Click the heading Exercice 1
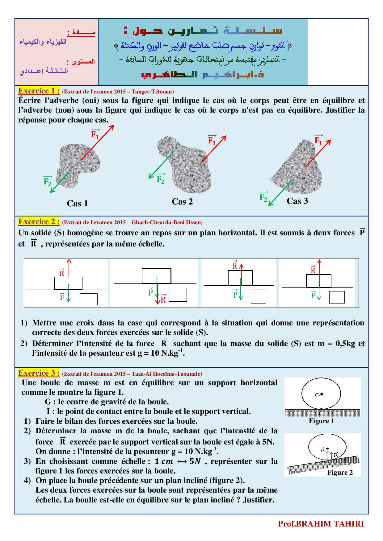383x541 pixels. (x=39, y=91)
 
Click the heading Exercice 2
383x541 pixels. (x=39, y=222)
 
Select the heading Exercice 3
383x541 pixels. (x=39, y=373)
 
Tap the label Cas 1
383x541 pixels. (x=77, y=204)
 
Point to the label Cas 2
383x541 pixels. (x=182, y=202)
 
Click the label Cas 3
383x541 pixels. (x=297, y=201)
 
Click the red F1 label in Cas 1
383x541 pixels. (x=95, y=134)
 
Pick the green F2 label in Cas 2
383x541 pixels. (x=161, y=179)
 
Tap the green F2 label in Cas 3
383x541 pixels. (x=263, y=196)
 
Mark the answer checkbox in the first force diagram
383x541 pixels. (x=89, y=299)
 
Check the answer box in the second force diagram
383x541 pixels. (x=178, y=295)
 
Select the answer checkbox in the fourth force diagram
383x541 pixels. (x=337, y=297)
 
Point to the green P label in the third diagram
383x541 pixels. (x=235, y=294)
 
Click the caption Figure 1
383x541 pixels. (x=321, y=421)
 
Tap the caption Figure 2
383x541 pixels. (x=340, y=473)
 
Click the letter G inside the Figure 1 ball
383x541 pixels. (x=317, y=395)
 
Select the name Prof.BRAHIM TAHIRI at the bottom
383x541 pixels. (x=321, y=524)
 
